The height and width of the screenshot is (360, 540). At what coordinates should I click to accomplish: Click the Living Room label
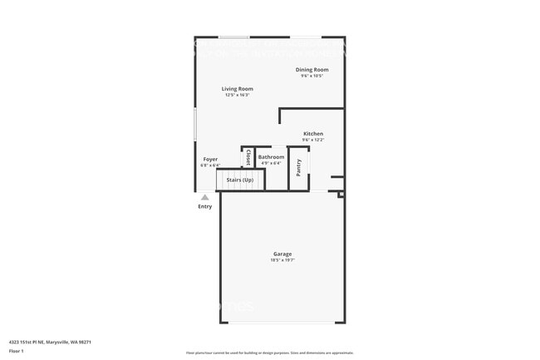click(237, 89)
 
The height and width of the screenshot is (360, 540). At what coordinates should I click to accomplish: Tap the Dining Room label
click(312, 70)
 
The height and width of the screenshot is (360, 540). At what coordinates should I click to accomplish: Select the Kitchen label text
click(313, 134)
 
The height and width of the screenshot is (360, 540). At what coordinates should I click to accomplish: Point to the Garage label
click(282, 254)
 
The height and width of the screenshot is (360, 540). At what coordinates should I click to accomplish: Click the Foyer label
click(211, 159)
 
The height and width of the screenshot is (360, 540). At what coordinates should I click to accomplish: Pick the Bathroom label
click(271, 157)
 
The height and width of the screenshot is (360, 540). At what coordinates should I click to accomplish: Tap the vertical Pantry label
click(299, 168)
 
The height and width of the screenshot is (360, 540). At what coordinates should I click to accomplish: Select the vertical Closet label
click(248, 157)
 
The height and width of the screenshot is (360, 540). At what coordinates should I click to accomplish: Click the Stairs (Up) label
click(240, 180)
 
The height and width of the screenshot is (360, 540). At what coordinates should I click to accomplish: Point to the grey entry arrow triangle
click(205, 197)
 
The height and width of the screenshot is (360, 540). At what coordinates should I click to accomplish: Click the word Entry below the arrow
click(205, 206)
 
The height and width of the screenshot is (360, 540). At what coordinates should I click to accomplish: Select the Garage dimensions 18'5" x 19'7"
click(282, 260)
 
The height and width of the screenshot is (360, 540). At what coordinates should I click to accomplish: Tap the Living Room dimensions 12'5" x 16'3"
click(237, 95)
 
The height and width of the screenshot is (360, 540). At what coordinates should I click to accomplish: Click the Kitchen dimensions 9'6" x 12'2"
click(313, 140)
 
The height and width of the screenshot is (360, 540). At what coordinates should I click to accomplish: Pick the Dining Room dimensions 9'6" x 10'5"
click(312, 76)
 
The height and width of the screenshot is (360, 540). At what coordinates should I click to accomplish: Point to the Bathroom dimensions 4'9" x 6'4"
click(271, 163)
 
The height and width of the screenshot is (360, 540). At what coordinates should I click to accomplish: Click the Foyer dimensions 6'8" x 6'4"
click(210, 165)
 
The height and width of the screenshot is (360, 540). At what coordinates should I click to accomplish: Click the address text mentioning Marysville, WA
click(50, 342)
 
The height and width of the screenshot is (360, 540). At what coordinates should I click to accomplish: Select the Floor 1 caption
click(17, 351)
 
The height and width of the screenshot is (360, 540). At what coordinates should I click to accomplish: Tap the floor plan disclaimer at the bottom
click(270, 353)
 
